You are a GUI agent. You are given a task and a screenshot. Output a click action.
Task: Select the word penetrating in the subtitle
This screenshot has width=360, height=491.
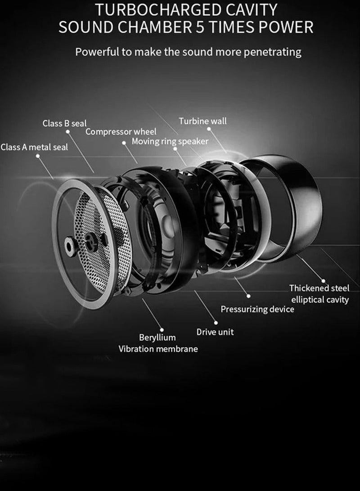click(272, 52)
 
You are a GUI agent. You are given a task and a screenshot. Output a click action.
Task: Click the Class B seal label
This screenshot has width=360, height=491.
click(64, 123)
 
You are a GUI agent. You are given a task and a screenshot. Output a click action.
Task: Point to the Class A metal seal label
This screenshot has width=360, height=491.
click(34, 147)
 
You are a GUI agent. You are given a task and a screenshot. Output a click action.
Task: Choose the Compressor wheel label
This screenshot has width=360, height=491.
click(121, 131)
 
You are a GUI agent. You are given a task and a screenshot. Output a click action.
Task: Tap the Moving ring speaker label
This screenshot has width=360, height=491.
click(170, 142)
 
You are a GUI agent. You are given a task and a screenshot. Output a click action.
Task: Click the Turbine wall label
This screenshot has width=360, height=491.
click(202, 121)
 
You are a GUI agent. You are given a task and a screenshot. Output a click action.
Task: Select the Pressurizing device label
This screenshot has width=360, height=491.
click(257, 309)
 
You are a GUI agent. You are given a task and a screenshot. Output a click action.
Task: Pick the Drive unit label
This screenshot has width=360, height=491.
click(215, 332)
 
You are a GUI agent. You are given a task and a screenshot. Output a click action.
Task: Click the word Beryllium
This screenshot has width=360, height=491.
click(157, 338)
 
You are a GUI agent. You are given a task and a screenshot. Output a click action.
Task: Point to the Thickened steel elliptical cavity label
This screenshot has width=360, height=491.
click(319, 293)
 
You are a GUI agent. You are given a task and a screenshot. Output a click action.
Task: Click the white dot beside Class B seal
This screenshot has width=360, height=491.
click(68, 132)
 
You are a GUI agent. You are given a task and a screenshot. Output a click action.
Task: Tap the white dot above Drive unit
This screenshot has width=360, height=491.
click(216, 323)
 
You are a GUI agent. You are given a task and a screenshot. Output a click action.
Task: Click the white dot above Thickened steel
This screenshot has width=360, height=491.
click(323, 281)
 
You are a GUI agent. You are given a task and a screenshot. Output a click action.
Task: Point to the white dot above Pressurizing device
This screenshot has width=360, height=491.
click(248, 296)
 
